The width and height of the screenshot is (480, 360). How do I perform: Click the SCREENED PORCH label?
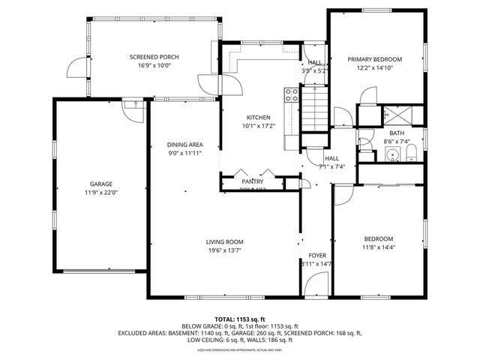click(x=154, y=57)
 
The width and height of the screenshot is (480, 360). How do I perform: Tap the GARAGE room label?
click(x=101, y=184)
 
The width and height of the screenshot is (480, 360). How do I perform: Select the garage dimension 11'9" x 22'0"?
click(x=101, y=193)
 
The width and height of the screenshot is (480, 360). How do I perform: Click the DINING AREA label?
click(x=184, y=144)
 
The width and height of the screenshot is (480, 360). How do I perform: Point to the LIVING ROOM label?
click(x=225, y=241)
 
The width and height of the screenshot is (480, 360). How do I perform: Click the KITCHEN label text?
click(x=259, y=118)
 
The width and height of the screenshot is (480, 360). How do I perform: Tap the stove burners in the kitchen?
click(x=291, y=94)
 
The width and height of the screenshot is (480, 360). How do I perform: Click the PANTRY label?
click(x=252, y=181)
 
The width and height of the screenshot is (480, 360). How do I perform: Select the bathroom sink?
click(x=391, y=154)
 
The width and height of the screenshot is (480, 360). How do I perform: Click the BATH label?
click(x=395, y=133)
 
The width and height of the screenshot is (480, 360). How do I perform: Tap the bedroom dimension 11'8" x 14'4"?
click(x=379, y=247)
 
